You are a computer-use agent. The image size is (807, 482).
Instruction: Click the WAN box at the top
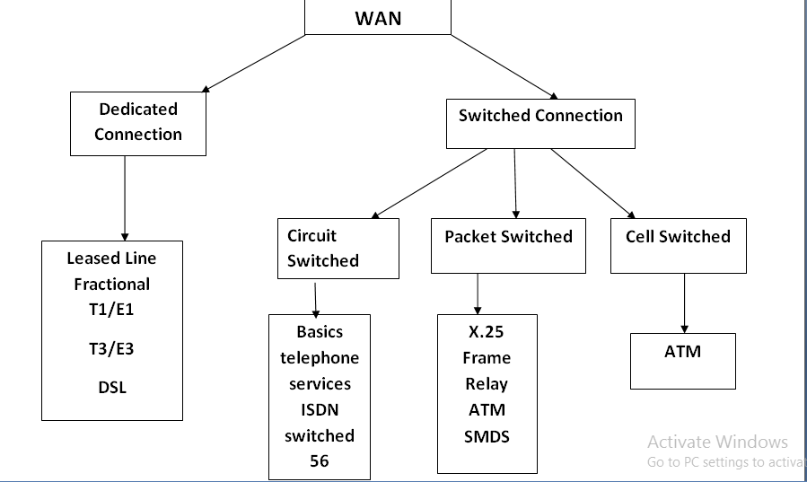pos(377,18)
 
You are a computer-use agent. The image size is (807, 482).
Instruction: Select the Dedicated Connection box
pos(137,122)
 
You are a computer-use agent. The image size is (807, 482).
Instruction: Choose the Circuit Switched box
pos(337,249)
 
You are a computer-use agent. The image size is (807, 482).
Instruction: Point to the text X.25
pos(486,332)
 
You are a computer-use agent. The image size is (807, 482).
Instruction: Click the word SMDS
pos(486,436)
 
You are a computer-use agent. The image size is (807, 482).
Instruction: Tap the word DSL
pos(112,388)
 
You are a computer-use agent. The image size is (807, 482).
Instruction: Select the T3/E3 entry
pos(112,349)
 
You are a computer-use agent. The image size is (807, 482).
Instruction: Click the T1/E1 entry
pos(112,310)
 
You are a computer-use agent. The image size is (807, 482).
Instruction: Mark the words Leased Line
pos(111,259)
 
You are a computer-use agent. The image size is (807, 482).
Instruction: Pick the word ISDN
pos(319,410)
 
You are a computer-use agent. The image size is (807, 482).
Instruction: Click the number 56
pos(319,461)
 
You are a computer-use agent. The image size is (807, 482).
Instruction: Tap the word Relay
pos(486,384)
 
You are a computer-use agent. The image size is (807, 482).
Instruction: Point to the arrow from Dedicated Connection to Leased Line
pos(124,197)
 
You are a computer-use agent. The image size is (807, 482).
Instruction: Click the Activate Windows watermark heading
pos(717,442)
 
